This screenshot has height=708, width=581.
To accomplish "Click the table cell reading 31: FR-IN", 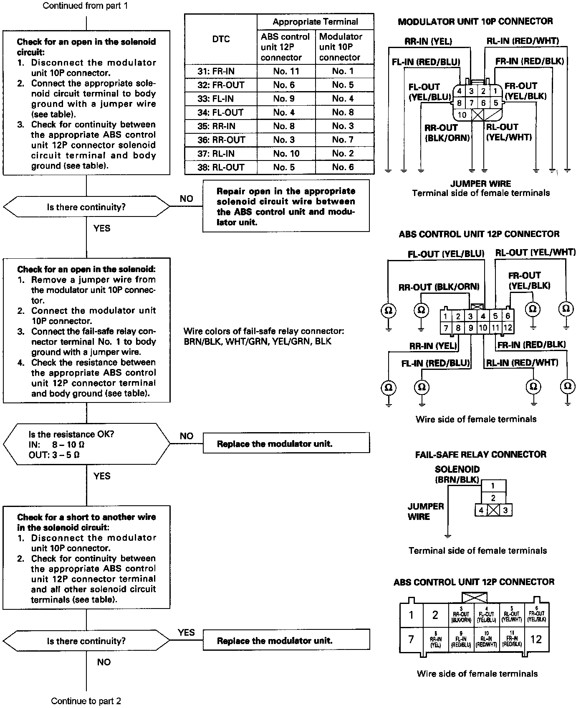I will [x=220, y=71].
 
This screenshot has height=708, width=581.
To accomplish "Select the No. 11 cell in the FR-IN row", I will [x=286, y=71].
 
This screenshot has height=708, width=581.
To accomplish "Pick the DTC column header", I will [x=221, y=39].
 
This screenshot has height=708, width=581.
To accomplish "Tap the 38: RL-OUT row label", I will [x=220, y=168].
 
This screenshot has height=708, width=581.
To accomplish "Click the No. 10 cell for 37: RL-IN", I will [x=286, y=154].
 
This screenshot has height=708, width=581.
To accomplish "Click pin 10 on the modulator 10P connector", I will [x=462, y=115].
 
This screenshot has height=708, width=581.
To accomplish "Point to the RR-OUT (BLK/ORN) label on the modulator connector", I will [x=447, y=132].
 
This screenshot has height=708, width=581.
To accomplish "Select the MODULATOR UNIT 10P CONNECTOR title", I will [x=475, y=22].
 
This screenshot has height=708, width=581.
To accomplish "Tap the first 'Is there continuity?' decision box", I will [x=86, y=207].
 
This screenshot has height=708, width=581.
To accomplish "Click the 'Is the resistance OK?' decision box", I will [x=86, y=444].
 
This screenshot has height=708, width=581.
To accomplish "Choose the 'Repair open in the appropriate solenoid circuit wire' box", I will [x=286, y=206].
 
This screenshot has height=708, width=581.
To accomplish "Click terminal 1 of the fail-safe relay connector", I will [x=493, y=486].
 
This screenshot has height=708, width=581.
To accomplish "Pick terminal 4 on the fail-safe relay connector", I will [x=481, y=510].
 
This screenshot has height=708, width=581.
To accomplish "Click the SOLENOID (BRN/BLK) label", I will [x=457, y=474].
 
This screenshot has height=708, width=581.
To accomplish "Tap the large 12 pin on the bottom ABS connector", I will [x=536, y=639].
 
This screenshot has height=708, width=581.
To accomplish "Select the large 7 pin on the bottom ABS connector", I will [x=411, y=639].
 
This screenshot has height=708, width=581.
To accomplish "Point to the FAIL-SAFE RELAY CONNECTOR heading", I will [x=480, y=454].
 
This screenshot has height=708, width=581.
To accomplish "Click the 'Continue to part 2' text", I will [x=86, y=701].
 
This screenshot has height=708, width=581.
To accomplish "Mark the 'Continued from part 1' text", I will [x=86, y=6].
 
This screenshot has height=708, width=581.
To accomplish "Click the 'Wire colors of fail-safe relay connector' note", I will [x=264, y=336].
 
